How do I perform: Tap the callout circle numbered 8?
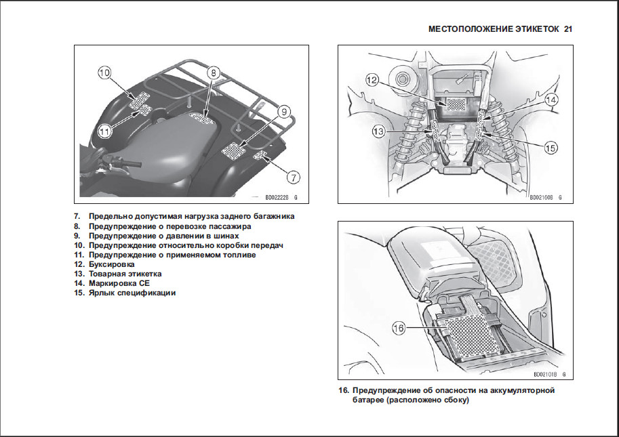coord(212,72)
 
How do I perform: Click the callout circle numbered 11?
coord(104,131)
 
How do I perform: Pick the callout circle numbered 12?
coord(371,80)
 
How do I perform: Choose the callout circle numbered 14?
coord(552,100)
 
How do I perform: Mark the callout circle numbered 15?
coord(551,146)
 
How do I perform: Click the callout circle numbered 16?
coord(399,328)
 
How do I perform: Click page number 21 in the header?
coord(568,29)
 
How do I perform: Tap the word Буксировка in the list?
coord(111,264)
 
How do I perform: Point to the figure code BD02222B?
coord(275,197)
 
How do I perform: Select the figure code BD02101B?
coord(545,374)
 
